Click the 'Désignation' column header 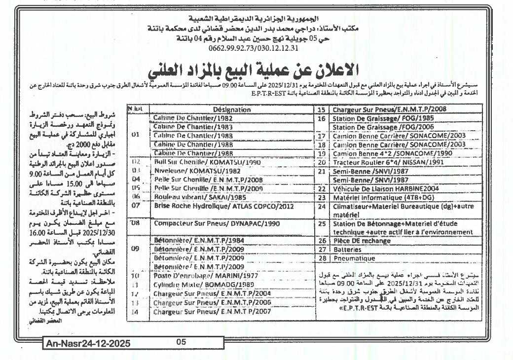click(x=232, y=110)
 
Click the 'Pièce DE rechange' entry click(x=361, y=241)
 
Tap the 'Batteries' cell click(x=347, y=250)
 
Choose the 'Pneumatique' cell click(x=354, y=258)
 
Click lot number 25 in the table click(x=322, y=223)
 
